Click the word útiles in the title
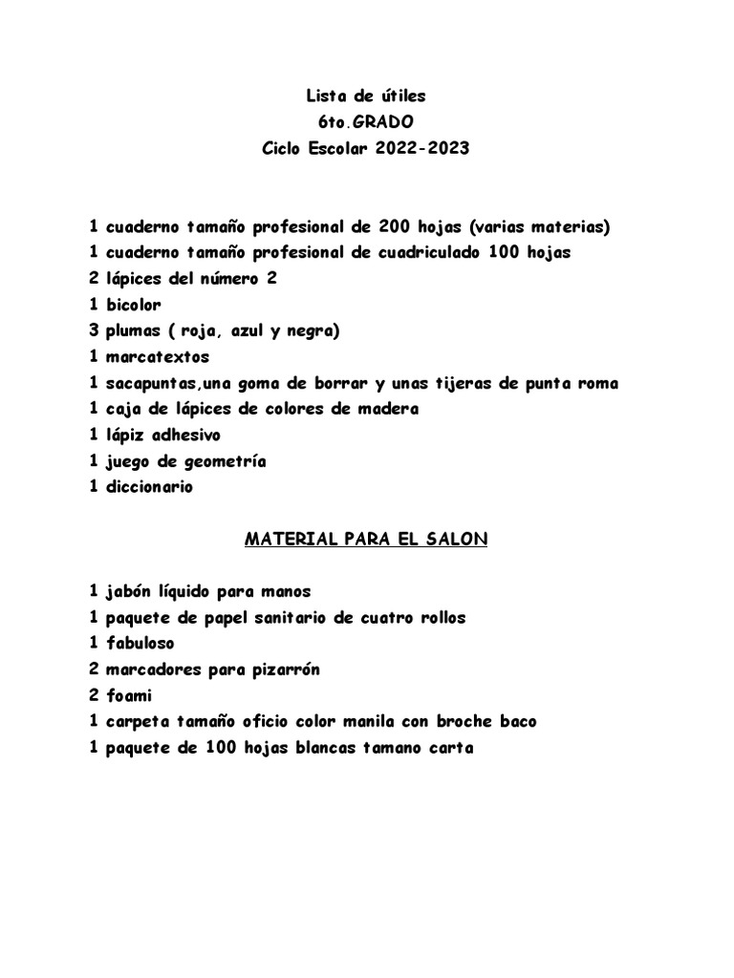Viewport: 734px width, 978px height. [x=401, y=96]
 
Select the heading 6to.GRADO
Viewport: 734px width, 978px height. [x=367, y=122]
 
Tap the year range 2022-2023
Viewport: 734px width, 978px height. [x=423, y=149]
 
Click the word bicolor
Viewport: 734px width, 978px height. [x=134, y=306]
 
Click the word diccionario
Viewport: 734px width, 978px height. [x=149, y=487]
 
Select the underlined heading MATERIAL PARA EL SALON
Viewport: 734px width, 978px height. [x=367, y=540]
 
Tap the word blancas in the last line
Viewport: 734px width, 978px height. [x=320, y=748]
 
